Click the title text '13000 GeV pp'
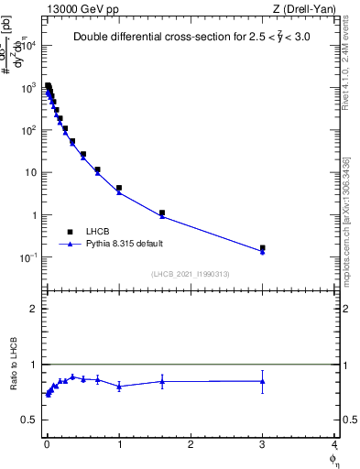click(x=76, y=8)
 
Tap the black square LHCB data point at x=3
click(x=263, y=247)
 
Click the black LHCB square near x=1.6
click(x=162, y=213)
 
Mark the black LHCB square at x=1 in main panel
click(x=119, y=188)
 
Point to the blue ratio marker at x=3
click(x=263, y=381)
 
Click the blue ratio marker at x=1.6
click(x=162, y=381)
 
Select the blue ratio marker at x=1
click(x=119, y=387)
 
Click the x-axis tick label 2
click(x=191, y=444)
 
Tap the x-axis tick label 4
click(x=333, y=444)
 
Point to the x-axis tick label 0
click(x=47, y=444)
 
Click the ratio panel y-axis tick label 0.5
click(x=28, y=420)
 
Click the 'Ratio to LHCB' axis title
click(x=14, y=365)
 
